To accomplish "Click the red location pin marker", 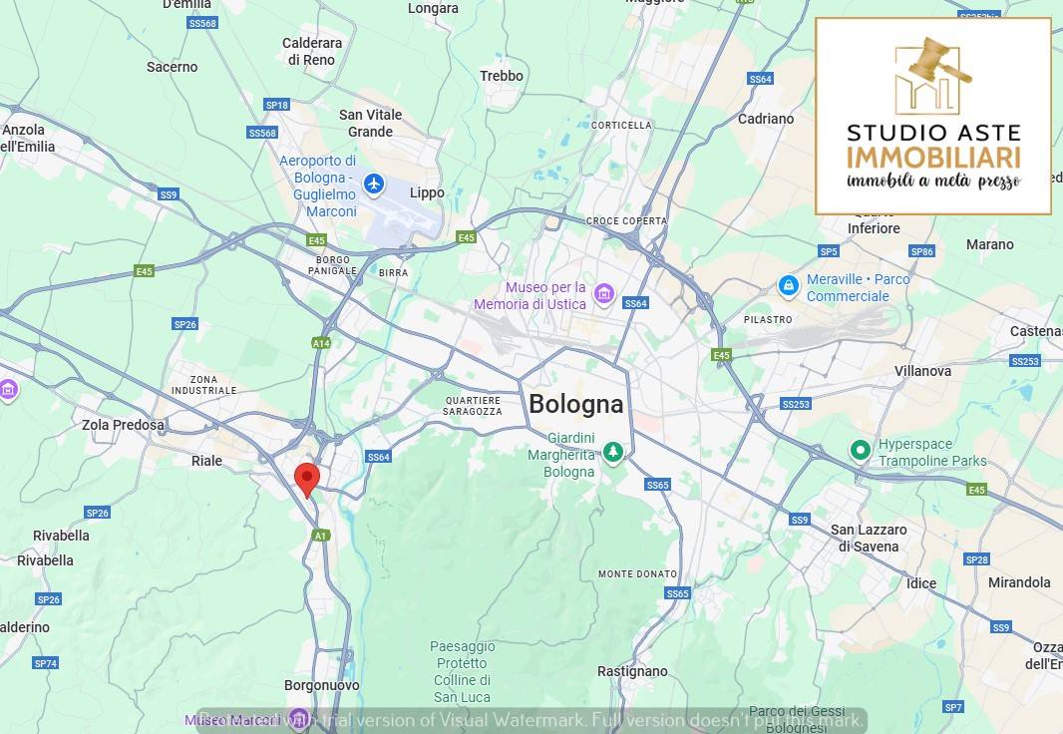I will [x=307, y=478].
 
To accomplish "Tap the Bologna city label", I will [x=575, y=404].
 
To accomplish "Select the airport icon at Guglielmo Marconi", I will [x=374, y=183].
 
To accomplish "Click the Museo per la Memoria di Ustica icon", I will [x=603, y=293].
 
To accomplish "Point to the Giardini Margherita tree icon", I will [x=613, y=453].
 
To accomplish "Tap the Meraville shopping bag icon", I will [x=789, y=286].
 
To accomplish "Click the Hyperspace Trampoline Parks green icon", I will [x=860, y=451].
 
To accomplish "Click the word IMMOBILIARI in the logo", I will [x=932, y=158].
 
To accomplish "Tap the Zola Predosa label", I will [x=123, y=425].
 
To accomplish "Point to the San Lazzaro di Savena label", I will [x=869, y=538].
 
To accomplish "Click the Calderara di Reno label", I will [x=312, y=51].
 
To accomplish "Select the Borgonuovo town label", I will [x=322, y=686].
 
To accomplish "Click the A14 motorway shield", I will [x=321, y=343].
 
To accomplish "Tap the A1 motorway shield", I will [x=320, y=536].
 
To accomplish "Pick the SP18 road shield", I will [x=276, y=105].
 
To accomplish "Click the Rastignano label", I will [x=631, y=671].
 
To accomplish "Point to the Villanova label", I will [x=922, y=371].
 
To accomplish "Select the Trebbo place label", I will [x=501, y=76].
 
